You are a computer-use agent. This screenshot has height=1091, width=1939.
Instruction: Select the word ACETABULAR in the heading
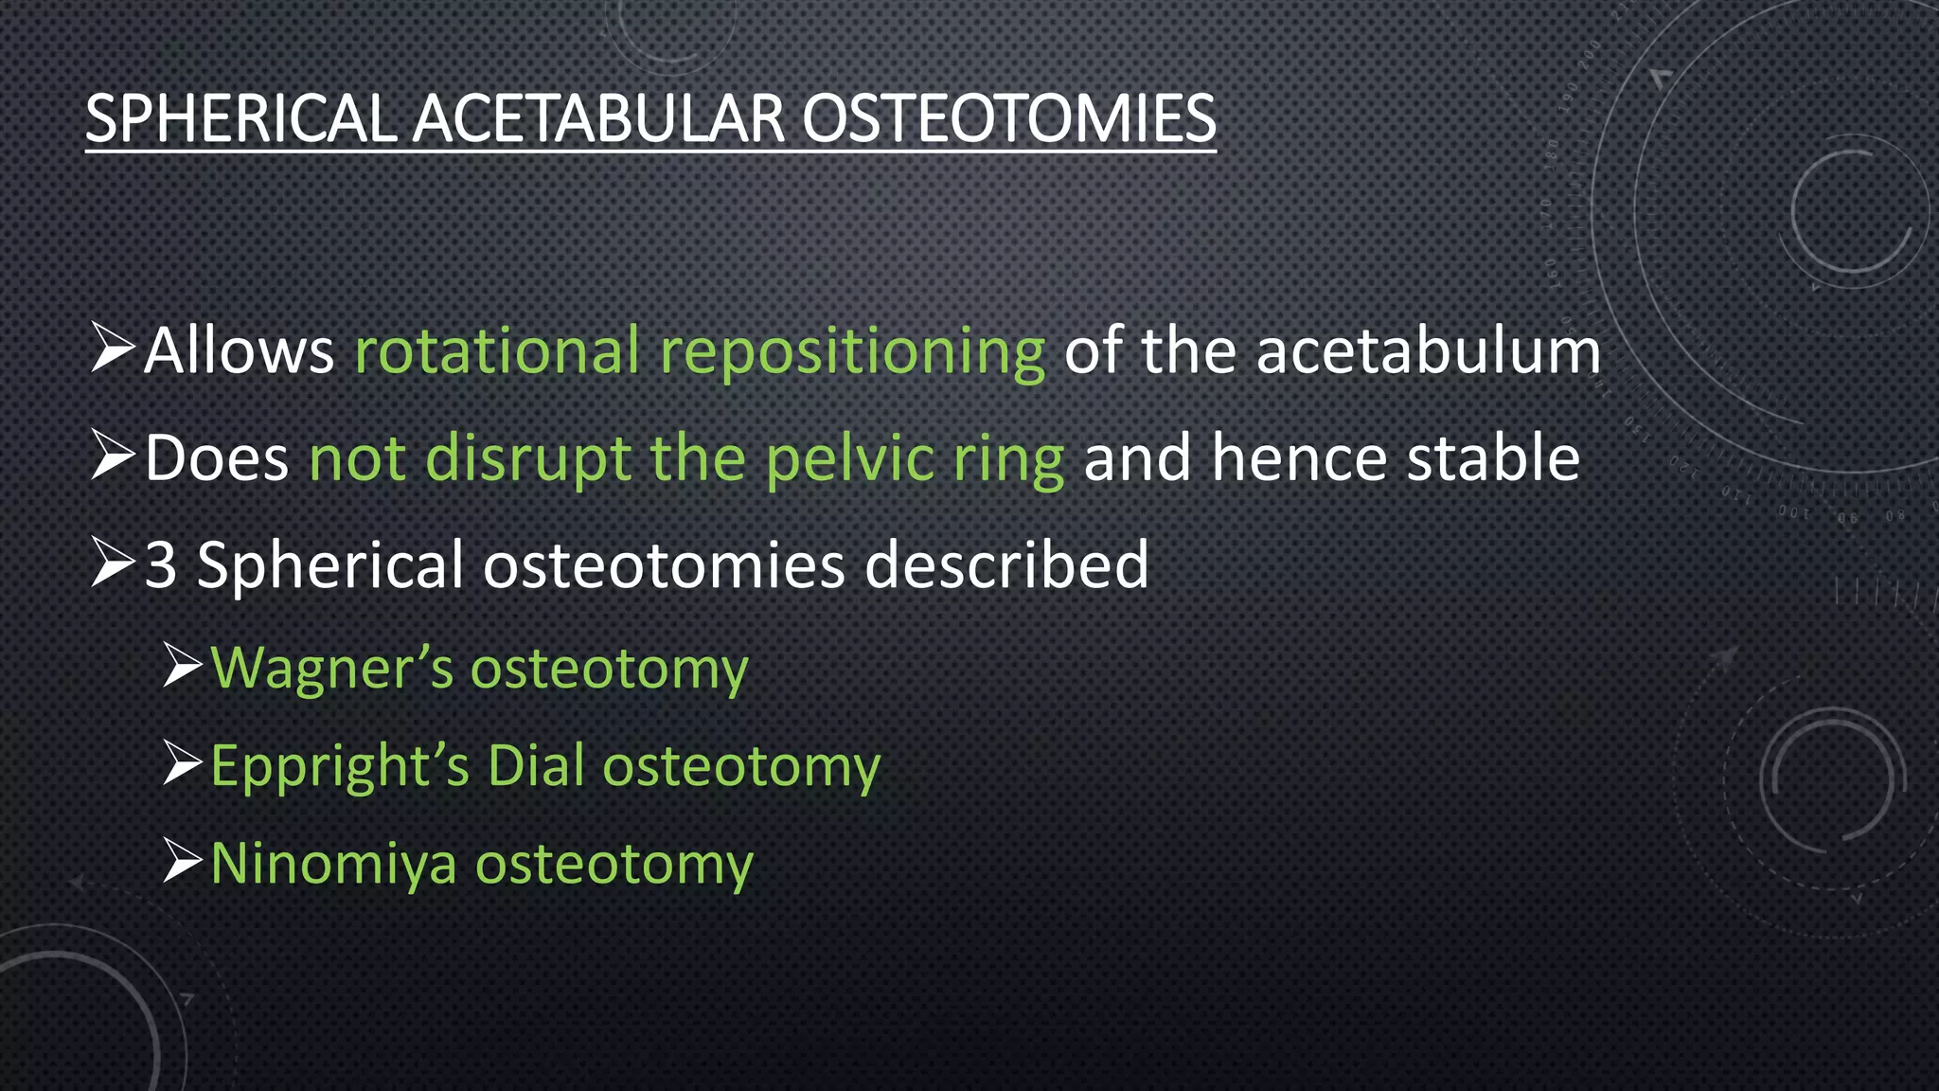(598, 119)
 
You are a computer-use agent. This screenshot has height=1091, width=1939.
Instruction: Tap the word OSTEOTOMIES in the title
(1008, 119)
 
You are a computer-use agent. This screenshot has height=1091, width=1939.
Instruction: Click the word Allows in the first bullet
(240, 351)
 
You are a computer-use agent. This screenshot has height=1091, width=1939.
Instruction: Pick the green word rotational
(497, 351)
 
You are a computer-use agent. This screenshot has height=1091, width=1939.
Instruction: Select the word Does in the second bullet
(217, 459)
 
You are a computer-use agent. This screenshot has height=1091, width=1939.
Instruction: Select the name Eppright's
(340, 768)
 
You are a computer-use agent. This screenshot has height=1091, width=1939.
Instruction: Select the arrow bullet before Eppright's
(182, 763)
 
